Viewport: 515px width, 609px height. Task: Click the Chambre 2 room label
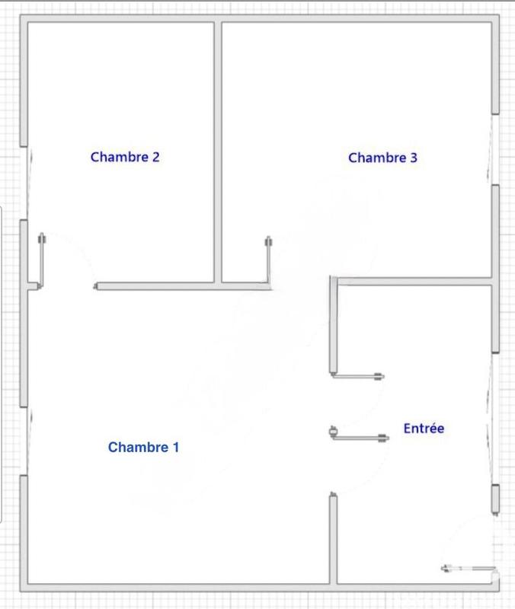(125, 158)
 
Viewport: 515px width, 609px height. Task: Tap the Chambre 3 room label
(382, 158)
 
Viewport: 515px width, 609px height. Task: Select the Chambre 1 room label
(143, 447)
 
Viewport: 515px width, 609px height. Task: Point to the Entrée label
(424, 429)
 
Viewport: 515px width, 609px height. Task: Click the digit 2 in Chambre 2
(155, 158)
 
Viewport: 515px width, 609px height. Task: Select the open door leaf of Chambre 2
(43, 259)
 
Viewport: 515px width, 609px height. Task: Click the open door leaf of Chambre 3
(268, 263)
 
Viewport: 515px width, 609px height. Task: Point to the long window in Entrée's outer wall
(494, 419)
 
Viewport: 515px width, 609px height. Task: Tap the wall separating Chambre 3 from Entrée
(415, 282)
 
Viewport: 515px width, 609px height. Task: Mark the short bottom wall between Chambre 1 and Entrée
(334, 540)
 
